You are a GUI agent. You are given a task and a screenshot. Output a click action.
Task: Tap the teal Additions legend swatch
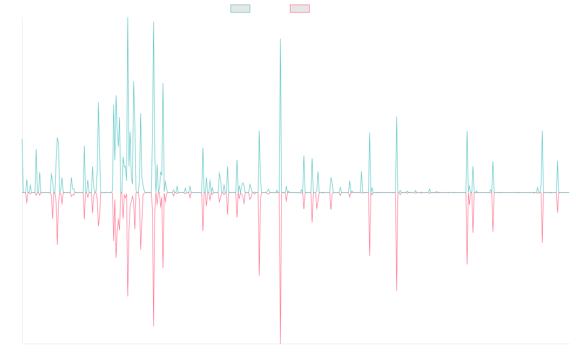[x=240, y=9]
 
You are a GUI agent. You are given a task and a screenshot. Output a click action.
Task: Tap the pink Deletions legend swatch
[x=300, y=9]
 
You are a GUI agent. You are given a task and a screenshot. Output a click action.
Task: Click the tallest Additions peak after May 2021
[x=280, y=39]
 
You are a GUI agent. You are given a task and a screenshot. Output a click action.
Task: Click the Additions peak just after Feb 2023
[x=396, y=117]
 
